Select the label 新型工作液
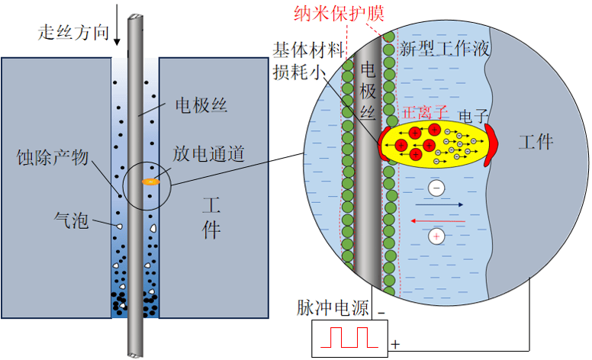tap(444, 50)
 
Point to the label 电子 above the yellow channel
tap(473, 115)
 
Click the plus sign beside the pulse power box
tap(395, 345)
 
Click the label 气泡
tap(72, 221)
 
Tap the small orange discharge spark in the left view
tap(149, 182)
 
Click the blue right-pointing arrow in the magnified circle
tap(439, 204)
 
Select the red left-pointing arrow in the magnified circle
tap(439, 220)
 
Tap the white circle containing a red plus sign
tap(436, 236)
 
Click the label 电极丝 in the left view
tap(201, 104)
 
